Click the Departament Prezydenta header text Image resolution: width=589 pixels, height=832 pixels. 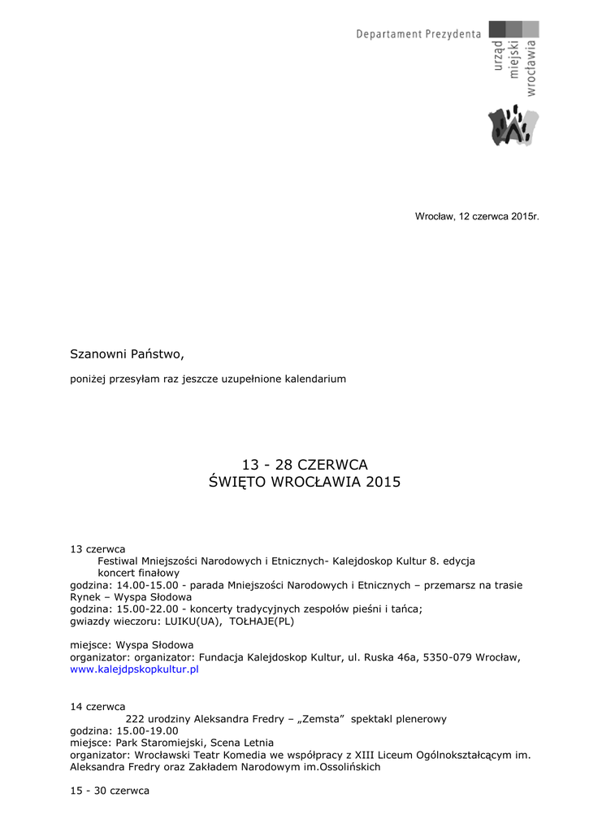click(x=418, y=34)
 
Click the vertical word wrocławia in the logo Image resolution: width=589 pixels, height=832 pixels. click(x=531, y=68)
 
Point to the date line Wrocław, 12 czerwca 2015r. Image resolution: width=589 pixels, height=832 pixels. click(x=477, y=217)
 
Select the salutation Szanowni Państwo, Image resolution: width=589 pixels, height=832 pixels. click(x=128, y=354)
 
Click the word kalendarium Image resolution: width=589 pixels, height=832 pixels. click(x=314, y=379)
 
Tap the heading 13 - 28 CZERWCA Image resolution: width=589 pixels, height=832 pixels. click(x=305, y=465)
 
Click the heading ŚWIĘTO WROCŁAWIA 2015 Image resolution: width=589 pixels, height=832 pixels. click(x=305, y=483)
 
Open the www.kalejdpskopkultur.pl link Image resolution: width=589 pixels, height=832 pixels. click(x=134, y=669)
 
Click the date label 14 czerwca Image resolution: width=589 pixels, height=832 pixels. click(x=97, y=706)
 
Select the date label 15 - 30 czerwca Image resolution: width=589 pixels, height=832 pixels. click(x=110, y=791)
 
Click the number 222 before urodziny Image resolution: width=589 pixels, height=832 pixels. click(x=135, y=719)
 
